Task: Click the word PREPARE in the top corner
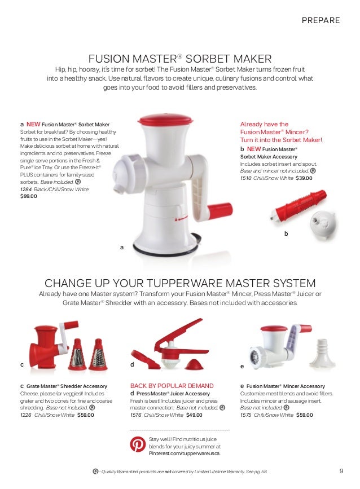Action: [321, 20]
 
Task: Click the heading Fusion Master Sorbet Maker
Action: [180, 59]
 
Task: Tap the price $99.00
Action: [29, 197]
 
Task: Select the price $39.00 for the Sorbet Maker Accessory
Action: [304, 178]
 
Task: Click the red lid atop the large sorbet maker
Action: [165, 120]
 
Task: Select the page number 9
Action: [341, 472]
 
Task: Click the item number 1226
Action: [25, 415]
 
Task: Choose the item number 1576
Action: [136, 415]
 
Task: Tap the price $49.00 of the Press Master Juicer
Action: [194, 415]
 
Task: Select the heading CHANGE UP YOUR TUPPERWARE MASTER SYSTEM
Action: [180, 283]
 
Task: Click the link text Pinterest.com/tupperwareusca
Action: [185, 453]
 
